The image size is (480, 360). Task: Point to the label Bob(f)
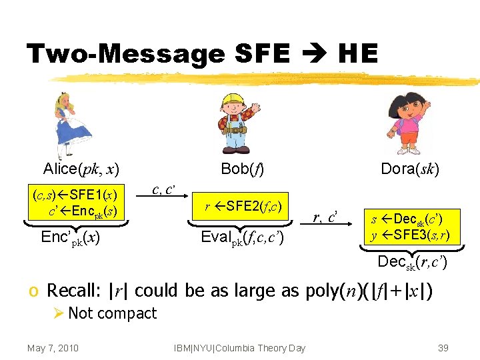click(242, 169)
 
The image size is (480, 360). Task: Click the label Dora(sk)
click(409, 169)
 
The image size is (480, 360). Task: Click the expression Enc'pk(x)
click(71, 237)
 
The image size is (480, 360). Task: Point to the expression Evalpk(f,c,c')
click(243, 237)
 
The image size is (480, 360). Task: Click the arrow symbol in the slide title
click(315, 53)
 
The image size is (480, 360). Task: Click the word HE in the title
click(357, 53)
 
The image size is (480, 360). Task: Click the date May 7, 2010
click(53, 347)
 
